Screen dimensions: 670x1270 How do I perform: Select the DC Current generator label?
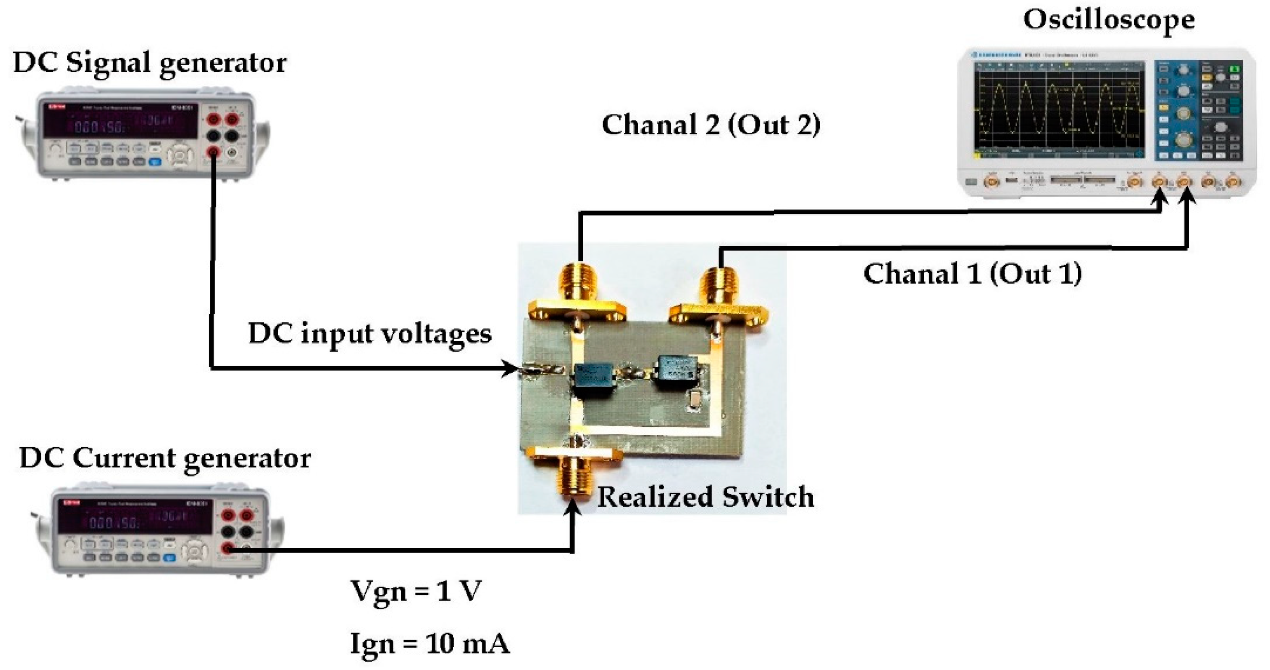tap(165, 459)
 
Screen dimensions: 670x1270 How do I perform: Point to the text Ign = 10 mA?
tap(429, 643)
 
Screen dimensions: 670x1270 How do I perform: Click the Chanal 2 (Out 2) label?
tap(710, 125)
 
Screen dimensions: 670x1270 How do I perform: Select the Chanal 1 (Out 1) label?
tap(972, 274)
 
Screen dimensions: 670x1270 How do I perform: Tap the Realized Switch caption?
tap(705, 497)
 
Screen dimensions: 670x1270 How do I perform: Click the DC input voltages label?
tap(370, 334)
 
